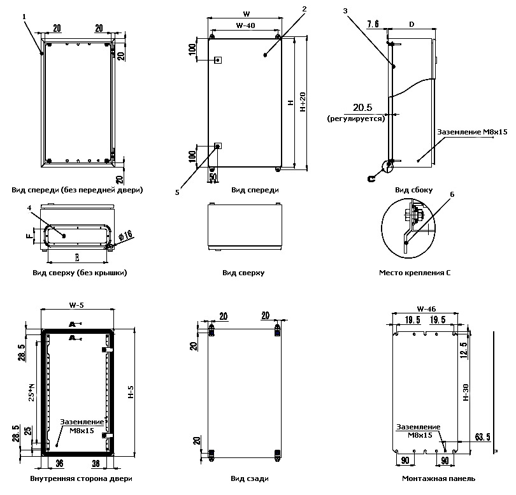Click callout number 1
pyautogui.click(x=24, y=17)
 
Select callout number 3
pyautogui.click(x=345, y=11)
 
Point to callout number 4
pyautogui.click(x=29, y=207)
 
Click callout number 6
pyautogui.click(x=452, y=196)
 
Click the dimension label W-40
pyautogui.click(x=245, y=25)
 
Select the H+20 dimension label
pyautogui.click(x=303, y=102)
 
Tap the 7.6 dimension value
pyautogui.click(x=373, y=24)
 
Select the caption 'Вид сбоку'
pyautogui.click(x=413, y=190)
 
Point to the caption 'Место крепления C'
pyautogui.click(x=415, y=273)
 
